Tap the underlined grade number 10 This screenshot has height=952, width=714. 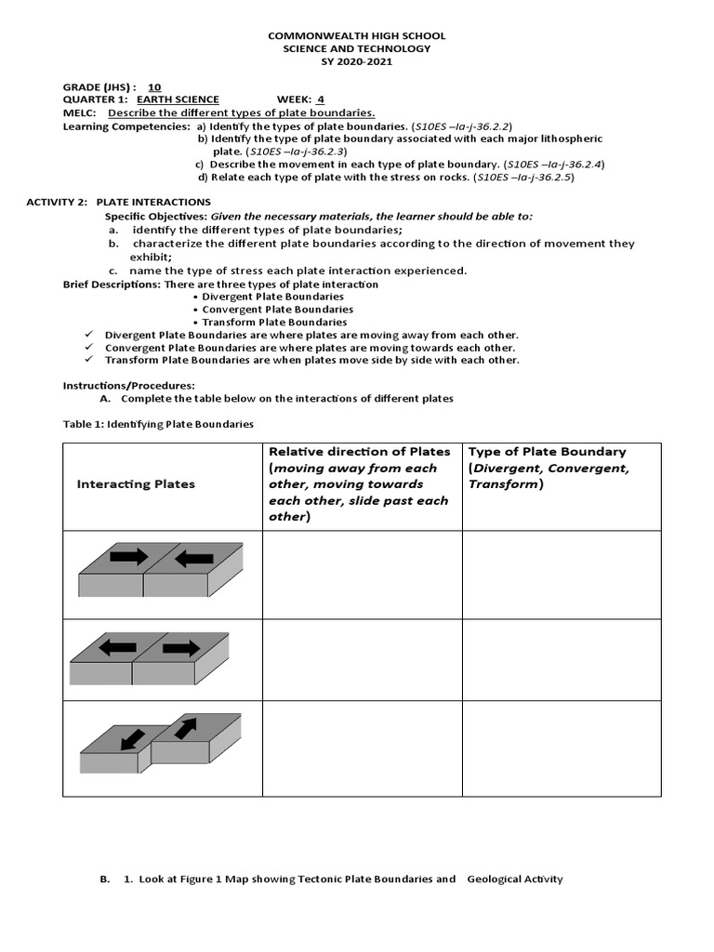[x=154, y=86]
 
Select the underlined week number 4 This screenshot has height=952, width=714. [x=321, y=99]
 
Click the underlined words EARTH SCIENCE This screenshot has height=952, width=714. [x=178, y=99]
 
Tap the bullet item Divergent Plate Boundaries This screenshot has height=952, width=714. [x=266, y=297]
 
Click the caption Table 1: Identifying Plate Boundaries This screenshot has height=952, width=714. [x=158, y=424]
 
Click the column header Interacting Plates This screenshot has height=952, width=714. [x=136, y=484]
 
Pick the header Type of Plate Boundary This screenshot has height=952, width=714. [x=548, y=452]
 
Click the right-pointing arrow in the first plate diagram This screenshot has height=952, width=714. [x=128, y=557]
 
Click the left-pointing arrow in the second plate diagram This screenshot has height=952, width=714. [x=118, y=647]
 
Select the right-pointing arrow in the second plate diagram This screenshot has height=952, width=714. [x=180, y=647]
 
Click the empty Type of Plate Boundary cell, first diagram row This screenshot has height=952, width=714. [x=562, y=575]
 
